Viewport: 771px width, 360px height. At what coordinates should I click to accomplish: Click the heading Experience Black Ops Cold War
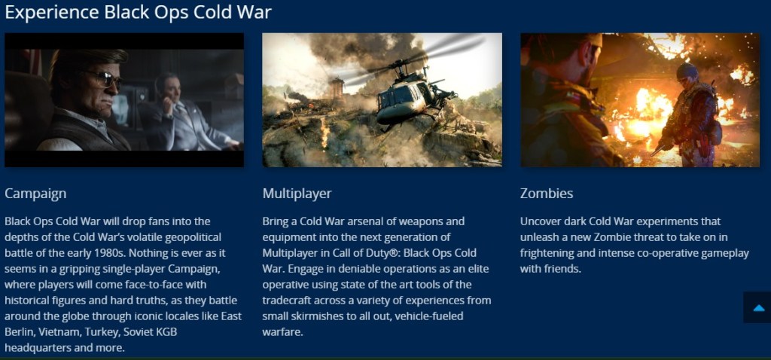click(x=139, y=12)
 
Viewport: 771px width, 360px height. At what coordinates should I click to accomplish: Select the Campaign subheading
click(x=35, y=194)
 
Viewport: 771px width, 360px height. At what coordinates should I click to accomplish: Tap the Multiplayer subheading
click(x=297, y=194)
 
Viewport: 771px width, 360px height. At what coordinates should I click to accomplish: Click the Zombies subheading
click(x=547, y=194)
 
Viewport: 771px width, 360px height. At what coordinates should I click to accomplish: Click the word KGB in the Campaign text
click(x=166, y=332)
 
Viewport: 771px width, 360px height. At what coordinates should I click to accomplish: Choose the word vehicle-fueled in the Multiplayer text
click(x=428, y=316)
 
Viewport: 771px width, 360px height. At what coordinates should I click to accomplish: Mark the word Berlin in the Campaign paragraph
click(x=19, y=332)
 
